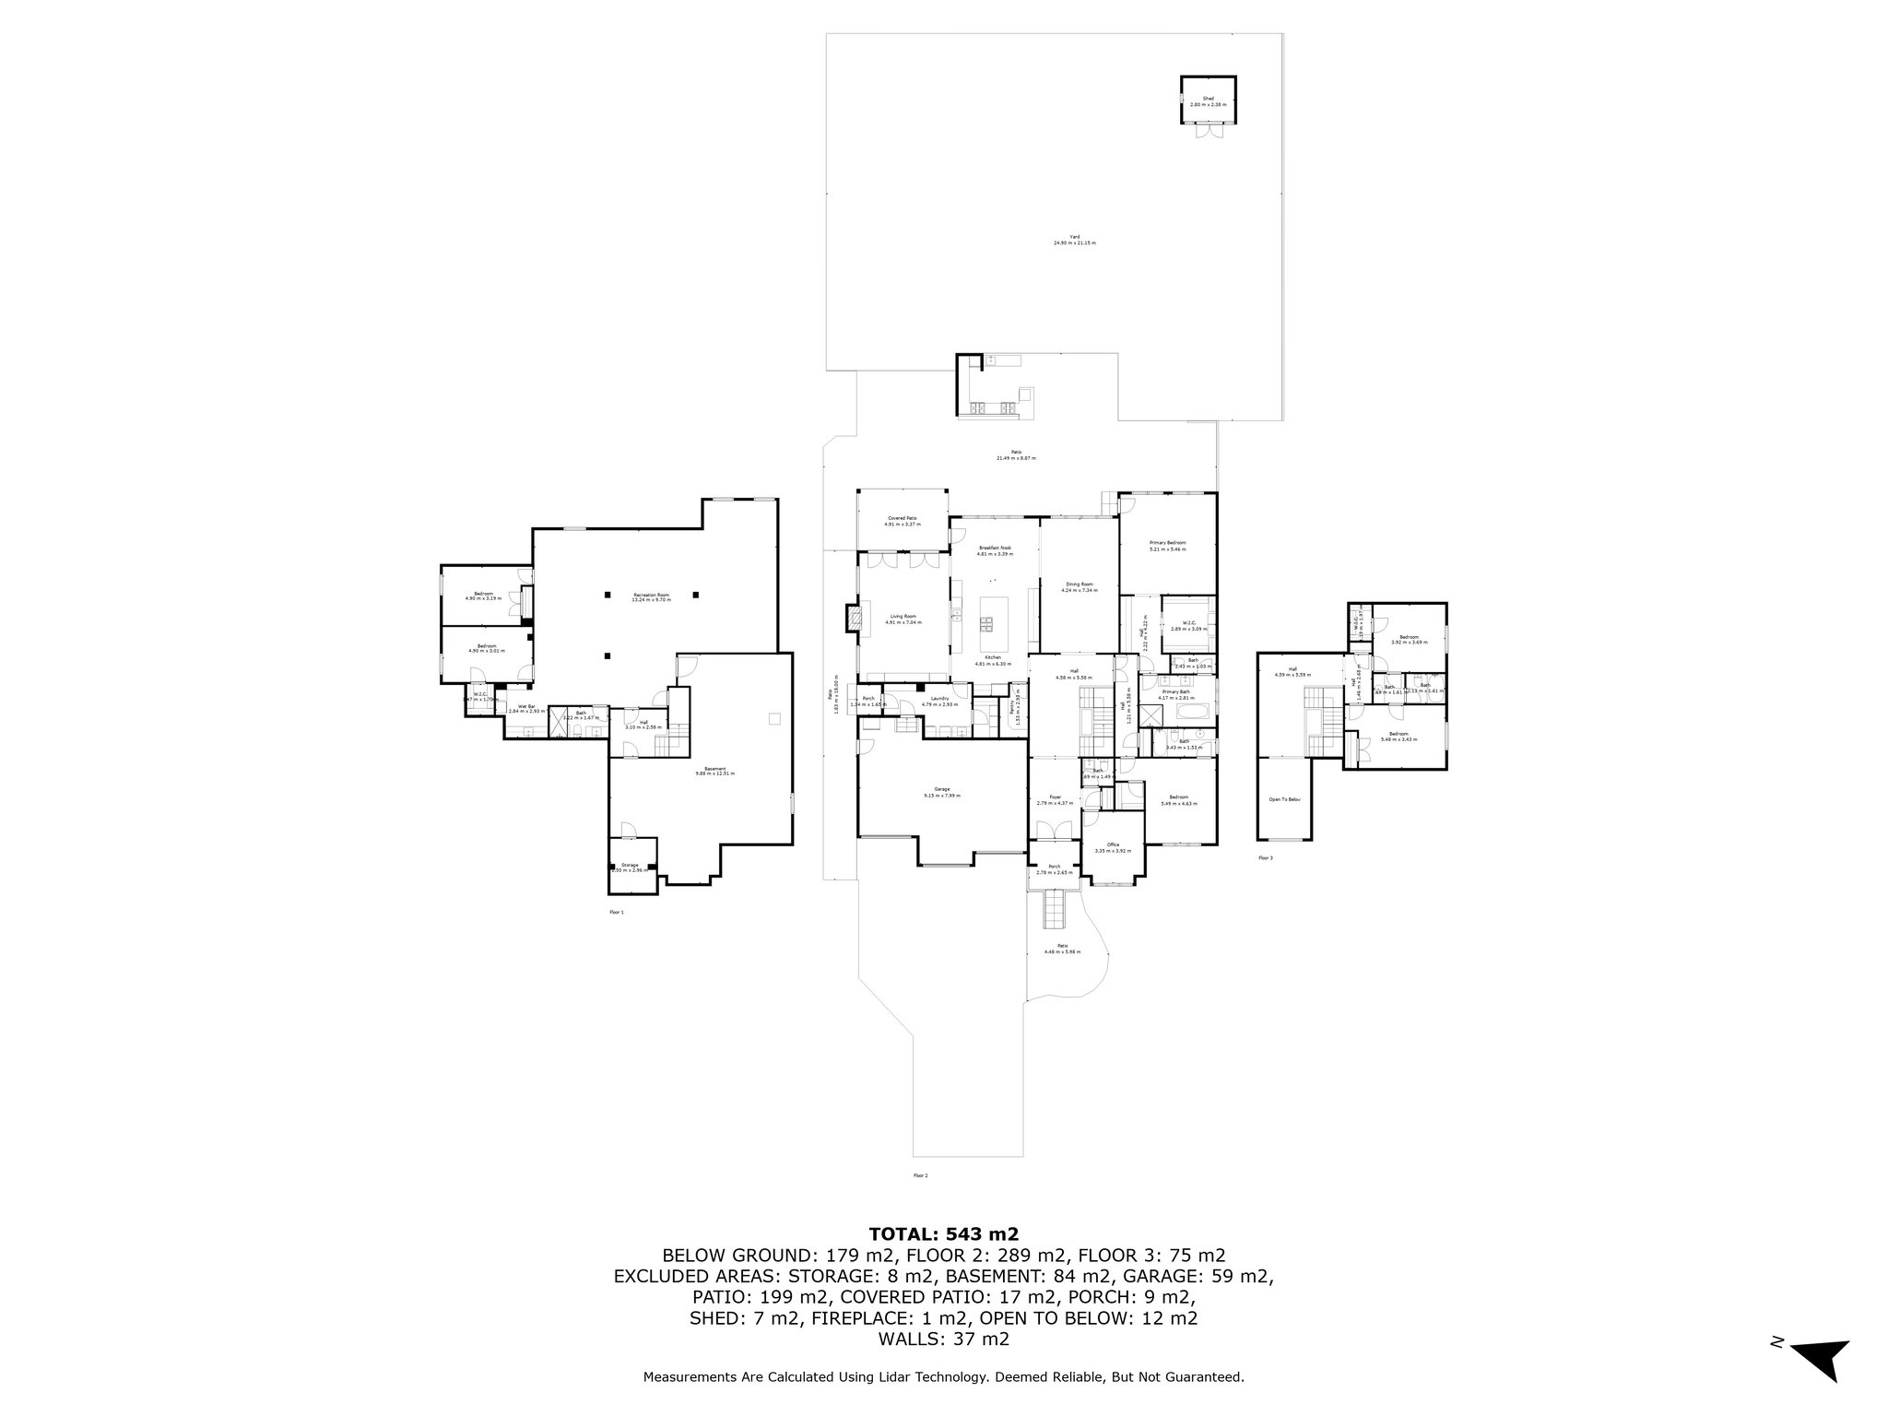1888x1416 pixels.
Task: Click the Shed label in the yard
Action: pos(1208,99)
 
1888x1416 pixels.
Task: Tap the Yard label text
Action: pos(1074,237)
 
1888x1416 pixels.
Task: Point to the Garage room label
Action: pos(941,789)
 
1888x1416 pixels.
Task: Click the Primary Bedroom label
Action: pos(1167,543)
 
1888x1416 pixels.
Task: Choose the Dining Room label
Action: pos(1080,584)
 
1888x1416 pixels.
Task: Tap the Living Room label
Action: pos(903,617)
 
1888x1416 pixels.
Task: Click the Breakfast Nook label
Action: pos(995,548)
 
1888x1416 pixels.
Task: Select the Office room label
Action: pos(1113,844)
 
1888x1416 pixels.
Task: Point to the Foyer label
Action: pos(1055,796)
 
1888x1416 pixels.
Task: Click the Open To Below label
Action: pos(1284,799)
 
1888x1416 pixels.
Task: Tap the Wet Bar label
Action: pos(526,706)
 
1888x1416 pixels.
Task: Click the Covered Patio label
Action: pos(903,519)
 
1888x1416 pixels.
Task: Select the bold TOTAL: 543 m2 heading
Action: pos(944,1234)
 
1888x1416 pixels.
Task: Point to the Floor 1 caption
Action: pos(617,912)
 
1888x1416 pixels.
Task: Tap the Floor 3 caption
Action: pos(1265,857)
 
